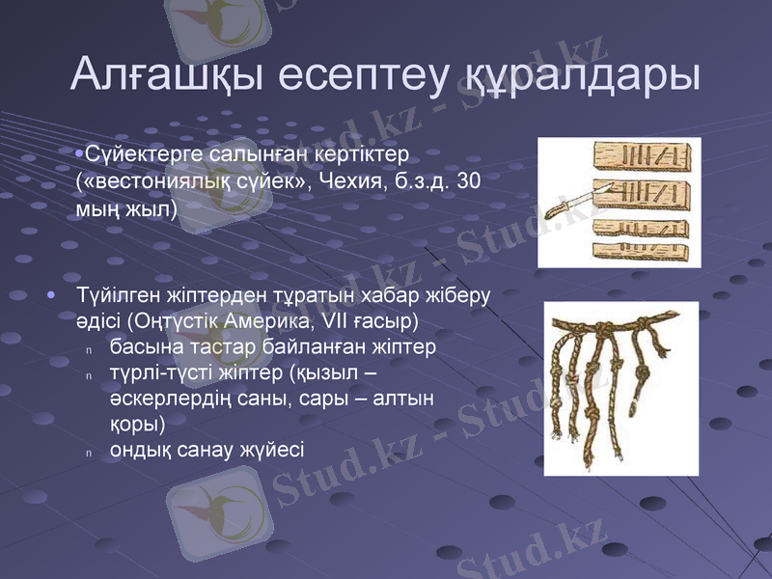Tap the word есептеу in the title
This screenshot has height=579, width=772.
coord(360,74)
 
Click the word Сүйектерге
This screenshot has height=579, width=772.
coord(144,154)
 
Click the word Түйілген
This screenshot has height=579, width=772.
coord(116,293)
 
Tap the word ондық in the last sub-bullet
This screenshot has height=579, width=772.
coord(140,450)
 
